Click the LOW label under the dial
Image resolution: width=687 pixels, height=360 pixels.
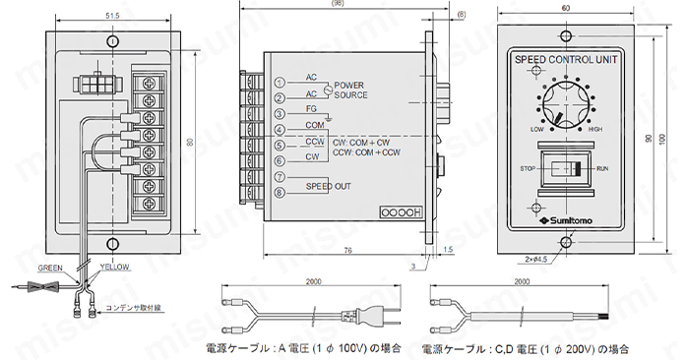coord(537,130)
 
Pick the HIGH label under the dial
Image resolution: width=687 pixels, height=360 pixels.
coord(594,130)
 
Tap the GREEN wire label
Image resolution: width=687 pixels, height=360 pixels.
coord(51,268)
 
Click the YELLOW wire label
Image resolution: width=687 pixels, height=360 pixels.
coord(115,268)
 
